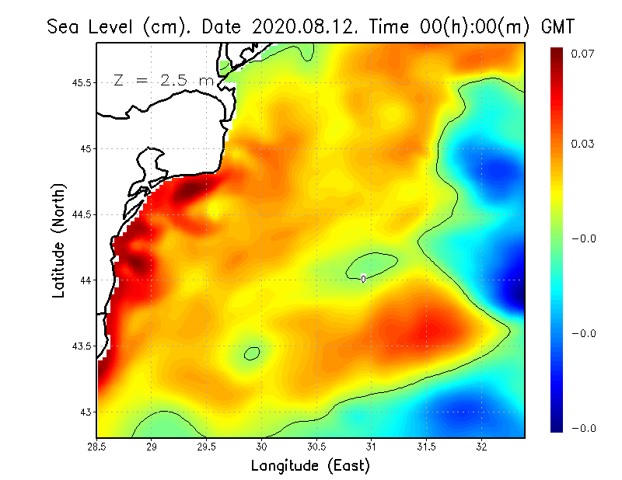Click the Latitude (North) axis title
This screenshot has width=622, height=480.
(x=58, y=240)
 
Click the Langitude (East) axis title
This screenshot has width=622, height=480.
(x=310, y=466)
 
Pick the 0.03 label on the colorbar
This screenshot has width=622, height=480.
(x=582, y=144)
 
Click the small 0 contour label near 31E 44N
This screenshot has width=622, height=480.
(x=363, y=278)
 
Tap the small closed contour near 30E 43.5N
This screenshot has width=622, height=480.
(x=251, y=353)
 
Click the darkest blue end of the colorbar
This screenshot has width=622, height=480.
(x=557, y=426)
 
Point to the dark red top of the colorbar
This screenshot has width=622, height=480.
(x=557, y=52)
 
